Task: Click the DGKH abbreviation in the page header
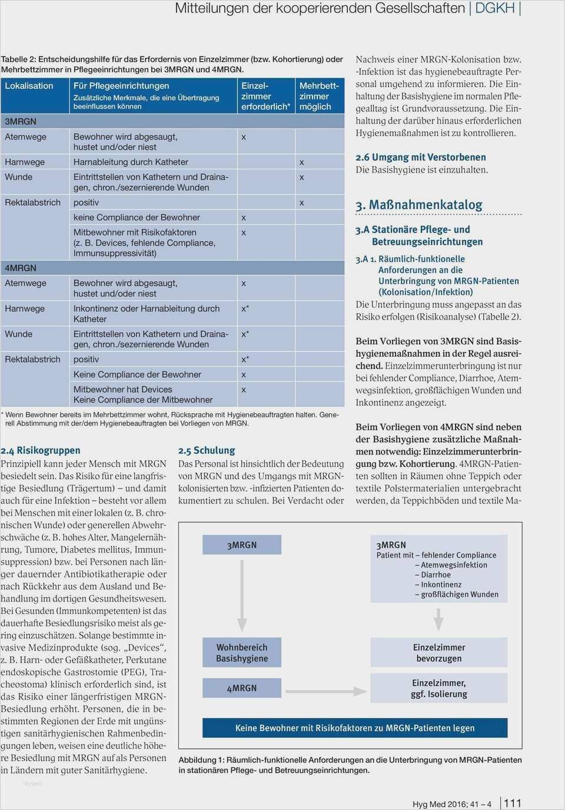click(x=494, y=8)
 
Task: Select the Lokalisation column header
click(x=29, y=86)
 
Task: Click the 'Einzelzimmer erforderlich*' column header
click(x=265, y=97)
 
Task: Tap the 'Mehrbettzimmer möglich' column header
click(x=319, y=97)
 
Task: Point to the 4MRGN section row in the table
click(x=21, y=268)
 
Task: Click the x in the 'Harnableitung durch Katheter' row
click(x=302, y=162)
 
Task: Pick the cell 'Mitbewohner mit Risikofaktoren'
click(x=135, y=233)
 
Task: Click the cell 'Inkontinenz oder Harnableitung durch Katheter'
click(x=146, y=314)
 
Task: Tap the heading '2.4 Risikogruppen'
click(x=41, y=450)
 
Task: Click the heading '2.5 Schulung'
click(x=207, y=450)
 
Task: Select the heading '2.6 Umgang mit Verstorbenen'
click(x=421, y=157)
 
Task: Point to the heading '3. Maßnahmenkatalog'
click(x=419, y=205)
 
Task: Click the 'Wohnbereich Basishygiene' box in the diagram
click(x=242, y=653)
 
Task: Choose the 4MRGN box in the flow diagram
click(x=242, y=688)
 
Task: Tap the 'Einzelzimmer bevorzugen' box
click(x=438, y=653)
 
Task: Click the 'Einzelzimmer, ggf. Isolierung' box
click(x=438, y=688)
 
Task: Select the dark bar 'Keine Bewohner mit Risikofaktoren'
click(x=355, y=728)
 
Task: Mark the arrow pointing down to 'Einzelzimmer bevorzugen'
click(x=438, y=619)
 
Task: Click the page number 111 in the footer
click(x=513, y=803)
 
